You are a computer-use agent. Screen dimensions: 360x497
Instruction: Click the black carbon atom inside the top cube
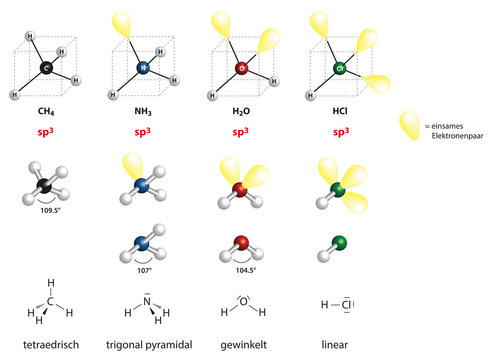[44, 67]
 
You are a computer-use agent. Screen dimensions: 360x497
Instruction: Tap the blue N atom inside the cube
[143, 68]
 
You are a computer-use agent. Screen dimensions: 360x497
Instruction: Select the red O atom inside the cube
[240, 68]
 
